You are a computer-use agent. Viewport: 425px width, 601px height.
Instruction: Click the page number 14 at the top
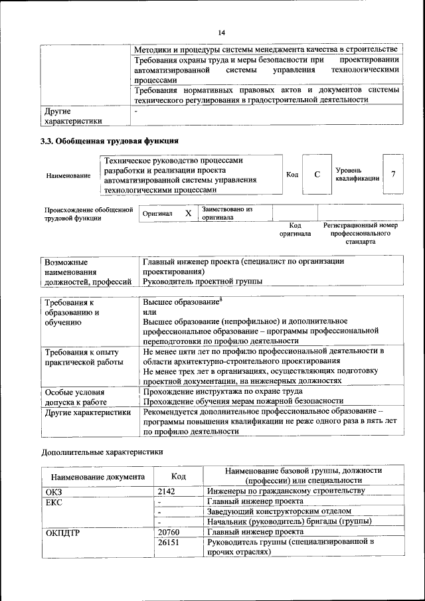click(x=221, y=33)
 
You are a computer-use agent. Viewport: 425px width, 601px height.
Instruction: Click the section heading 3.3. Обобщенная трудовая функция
click(x=110, y=141)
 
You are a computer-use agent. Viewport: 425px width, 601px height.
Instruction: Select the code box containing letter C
click(x=317, y=175)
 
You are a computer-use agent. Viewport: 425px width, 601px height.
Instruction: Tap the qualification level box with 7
click(x=394, y=174)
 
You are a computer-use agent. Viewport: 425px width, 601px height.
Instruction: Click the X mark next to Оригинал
click(x=188, y=213)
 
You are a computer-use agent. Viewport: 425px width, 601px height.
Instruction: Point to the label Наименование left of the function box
click(x=68, y=175)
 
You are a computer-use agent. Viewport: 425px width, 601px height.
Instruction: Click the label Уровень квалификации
click(x=357, y=175)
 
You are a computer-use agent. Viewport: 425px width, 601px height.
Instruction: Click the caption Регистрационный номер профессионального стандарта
click(x=360, y=234)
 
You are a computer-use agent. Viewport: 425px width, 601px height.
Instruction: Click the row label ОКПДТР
click(x=63, y=532)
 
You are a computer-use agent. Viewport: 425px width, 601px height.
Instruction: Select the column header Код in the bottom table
click(x=178, y=475)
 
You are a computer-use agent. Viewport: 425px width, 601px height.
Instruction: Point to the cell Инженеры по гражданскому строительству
click(x=286, y=491)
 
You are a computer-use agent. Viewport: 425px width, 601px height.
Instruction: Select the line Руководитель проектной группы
click(x=202, y=282)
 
